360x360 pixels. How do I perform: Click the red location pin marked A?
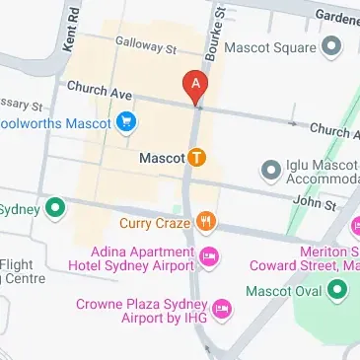(195, 87)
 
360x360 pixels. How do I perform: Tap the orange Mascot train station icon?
(197, 157)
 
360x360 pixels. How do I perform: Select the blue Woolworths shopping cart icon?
(126, 123)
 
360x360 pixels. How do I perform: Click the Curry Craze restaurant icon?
(205, 222)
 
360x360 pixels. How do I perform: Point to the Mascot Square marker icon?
(331, 46)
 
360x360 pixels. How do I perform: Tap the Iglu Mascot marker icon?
(270, 171)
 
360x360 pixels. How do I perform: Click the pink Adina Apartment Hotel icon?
(208, 258)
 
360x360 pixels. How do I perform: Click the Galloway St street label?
(145, 45)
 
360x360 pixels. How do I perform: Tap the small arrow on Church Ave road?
(291, 123)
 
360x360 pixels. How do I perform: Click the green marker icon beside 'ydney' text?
(56, 209)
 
